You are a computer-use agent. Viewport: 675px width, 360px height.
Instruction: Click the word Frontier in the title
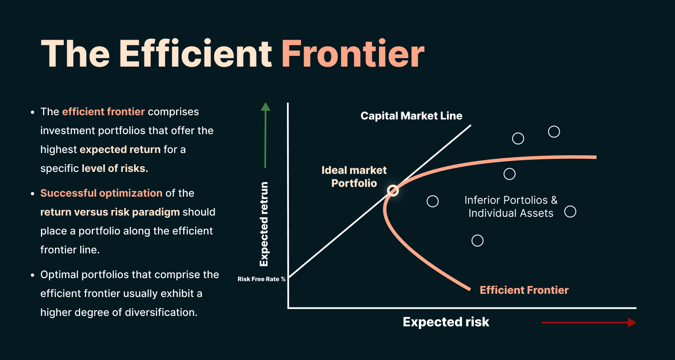click(x=353, y=54)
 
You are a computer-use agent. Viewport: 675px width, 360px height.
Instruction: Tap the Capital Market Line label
click(x=411, y=116)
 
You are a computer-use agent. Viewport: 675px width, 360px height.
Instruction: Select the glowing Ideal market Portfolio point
click(x=393, y=191)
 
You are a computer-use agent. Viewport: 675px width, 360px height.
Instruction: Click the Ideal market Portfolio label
click(x=354, y=177)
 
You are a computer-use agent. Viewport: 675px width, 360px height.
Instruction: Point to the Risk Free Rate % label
click(x=261, y=279)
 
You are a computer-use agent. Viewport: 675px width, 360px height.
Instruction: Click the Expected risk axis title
click(x=446, y=322)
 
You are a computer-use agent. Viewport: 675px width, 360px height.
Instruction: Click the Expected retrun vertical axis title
click(x=264, y=224)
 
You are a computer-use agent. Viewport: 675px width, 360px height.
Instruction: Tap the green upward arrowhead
click(x=265, y=107)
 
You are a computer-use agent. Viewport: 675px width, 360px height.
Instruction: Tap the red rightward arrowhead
click(x=632, y=323)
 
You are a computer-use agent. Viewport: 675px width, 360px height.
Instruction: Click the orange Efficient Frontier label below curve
click(x=524, y=290)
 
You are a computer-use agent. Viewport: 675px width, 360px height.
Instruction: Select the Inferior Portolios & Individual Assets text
click(x=511, y=207)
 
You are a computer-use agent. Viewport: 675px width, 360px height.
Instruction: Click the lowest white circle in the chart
click(x=477, y=241)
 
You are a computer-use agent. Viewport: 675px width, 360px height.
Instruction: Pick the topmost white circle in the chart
click(x=554, y=132)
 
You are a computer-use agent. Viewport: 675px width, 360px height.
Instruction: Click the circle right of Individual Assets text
click(x=570, y=212)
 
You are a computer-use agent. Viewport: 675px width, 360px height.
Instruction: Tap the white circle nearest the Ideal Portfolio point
click(x=433, y=201)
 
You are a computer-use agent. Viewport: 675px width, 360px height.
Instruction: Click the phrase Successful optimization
click(x=101, y=193)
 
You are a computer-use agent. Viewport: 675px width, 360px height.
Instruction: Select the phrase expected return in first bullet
click(x=120, y=150)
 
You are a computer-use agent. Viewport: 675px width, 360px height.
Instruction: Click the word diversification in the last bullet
click(x=161, y=312)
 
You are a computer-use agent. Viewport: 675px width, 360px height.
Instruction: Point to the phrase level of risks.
click(x=115, y=168)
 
